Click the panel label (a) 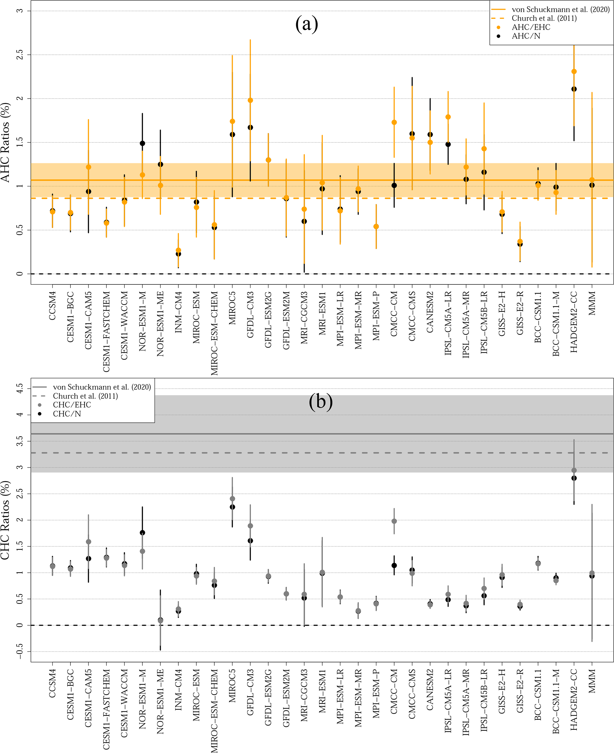click(x=306, y=24)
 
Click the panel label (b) click(x=321, y=402)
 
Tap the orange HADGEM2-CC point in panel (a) click(x=574, y=72)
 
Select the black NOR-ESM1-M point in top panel click(x=143, y=143)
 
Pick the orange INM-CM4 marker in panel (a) click(x=178, y=250)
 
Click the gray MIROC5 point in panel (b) click(x=232, y=499)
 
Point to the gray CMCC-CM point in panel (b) click(x=394, y=521)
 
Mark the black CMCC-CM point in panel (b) click(x=394, y=565)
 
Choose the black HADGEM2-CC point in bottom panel click(x=574, y=478)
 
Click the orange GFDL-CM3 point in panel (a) click(x=250, y=100)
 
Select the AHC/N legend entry click(x=525, y=36)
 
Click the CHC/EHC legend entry click(x=72, y=405)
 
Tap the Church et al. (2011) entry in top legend click(x=544, y=18)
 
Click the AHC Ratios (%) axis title click(x=6, y=143)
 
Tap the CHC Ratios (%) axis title click(x=6, y=520)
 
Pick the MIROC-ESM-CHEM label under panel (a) click(x=214, y=333)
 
